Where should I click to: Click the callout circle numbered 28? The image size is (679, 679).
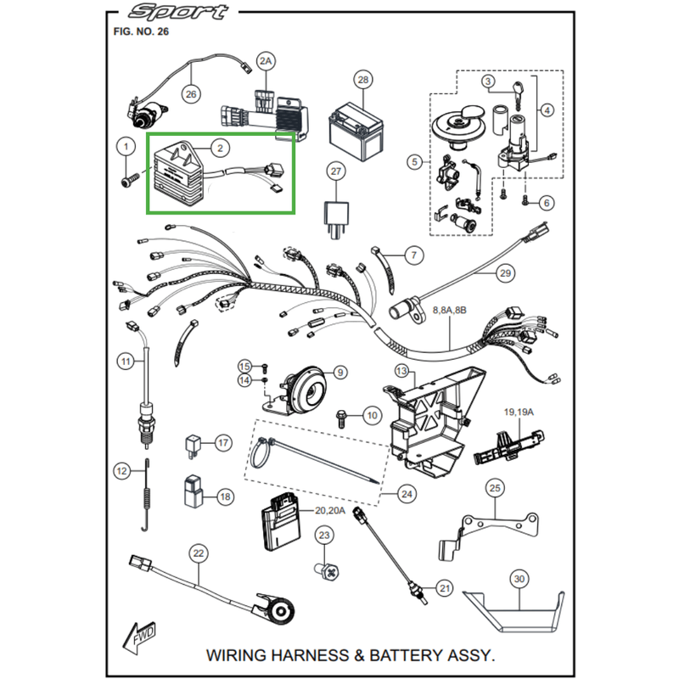tap(363, 81)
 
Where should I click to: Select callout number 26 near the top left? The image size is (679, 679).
tap(190, 94)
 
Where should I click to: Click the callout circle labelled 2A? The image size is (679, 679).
tap(267, 62)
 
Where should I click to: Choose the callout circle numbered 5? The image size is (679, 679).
tap(414, 161)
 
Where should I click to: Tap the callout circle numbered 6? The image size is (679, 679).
tap(546, 203)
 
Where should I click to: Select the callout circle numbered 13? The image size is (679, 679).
tap(401, 372)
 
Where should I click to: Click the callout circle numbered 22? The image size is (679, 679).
tap(199, 553)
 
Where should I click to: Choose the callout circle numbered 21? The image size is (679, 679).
tap(443, 587)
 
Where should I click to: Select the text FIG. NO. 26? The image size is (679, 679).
tap(141, 31)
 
